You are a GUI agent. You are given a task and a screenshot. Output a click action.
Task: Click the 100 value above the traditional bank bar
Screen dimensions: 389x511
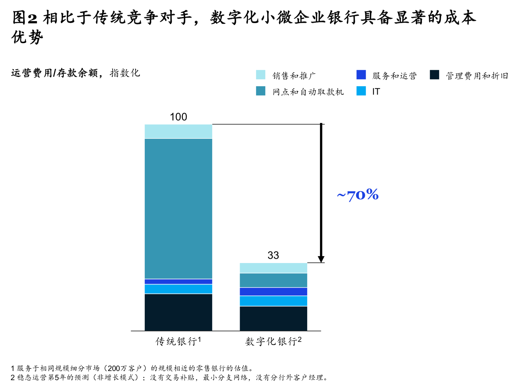(178, 117)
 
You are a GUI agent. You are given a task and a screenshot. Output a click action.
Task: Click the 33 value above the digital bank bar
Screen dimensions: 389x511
(273, 255)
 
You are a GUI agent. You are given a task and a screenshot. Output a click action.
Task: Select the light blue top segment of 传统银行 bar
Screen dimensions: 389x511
(178, 131)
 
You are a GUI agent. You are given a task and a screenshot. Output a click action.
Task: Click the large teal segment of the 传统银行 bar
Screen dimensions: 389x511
(178, 208)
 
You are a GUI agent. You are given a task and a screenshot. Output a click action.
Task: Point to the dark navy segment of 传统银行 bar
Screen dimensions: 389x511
(178, 312)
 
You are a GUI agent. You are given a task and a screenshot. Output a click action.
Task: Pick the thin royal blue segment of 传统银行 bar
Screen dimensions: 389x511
(178, 282)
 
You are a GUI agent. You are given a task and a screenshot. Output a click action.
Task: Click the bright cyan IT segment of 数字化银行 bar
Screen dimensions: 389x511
(273, 301)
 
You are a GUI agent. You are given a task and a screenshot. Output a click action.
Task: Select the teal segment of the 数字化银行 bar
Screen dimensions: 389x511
(273, 280)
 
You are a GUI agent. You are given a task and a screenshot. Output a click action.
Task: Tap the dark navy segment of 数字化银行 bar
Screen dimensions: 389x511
(273, 319)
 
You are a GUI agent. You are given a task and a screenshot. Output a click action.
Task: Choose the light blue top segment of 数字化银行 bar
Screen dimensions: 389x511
(273, 268)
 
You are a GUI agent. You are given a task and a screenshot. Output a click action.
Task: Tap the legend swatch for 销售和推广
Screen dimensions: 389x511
(260, 75)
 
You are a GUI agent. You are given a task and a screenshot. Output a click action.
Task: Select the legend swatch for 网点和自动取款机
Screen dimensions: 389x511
(260, 91)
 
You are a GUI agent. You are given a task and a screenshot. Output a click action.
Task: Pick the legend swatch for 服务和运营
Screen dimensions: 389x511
(361, 75)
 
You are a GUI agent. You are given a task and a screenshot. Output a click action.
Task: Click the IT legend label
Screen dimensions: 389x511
(376, 91)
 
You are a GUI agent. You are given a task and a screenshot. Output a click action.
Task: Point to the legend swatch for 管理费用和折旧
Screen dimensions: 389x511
(434, 75)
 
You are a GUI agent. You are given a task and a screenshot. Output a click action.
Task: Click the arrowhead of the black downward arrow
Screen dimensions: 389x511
(321, 259)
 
